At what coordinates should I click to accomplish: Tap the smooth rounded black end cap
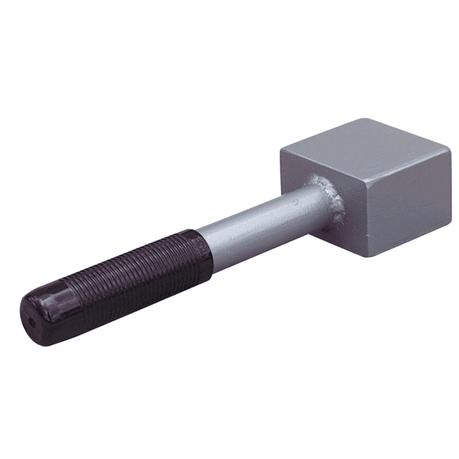[x=44, y=311]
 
